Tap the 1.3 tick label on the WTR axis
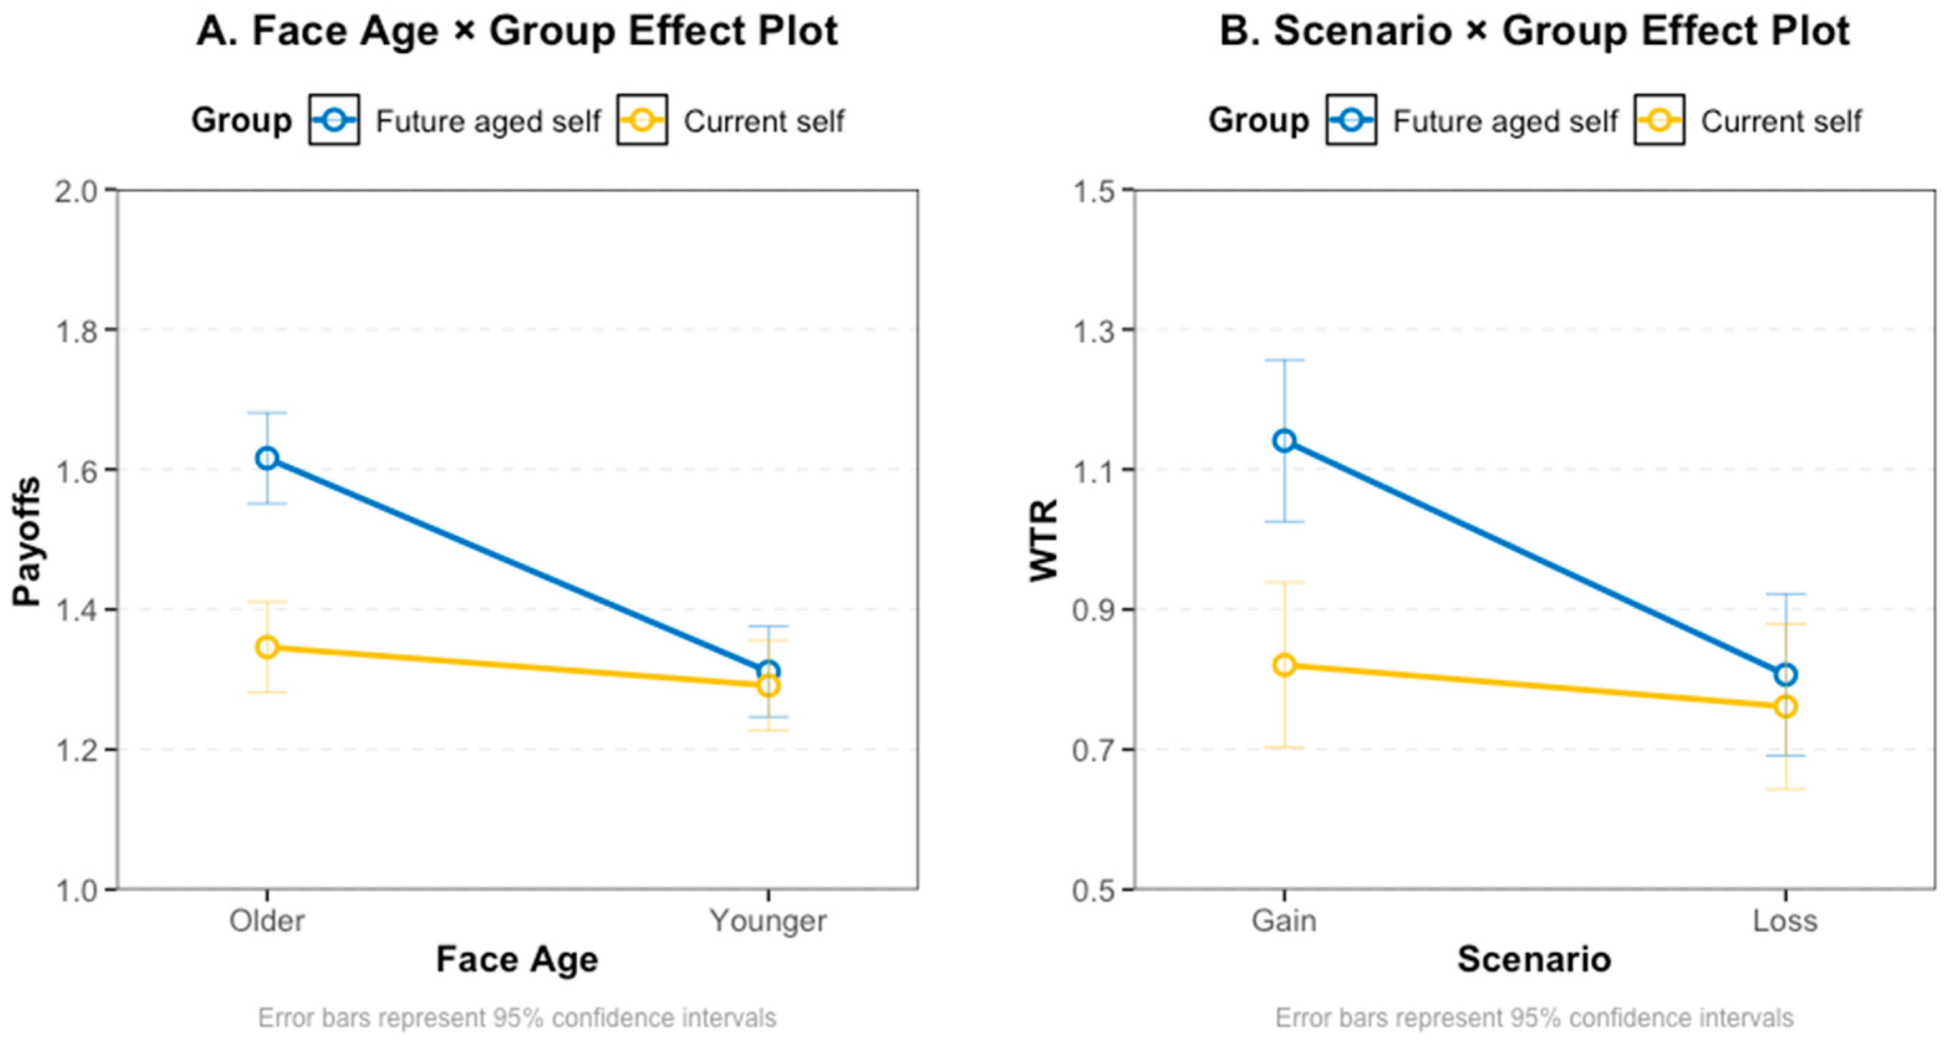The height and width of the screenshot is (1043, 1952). click(x=1094, y=331)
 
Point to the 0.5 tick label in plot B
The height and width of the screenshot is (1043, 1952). click(x=1094, y=891)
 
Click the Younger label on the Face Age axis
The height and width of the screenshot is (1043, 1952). click(x=768, y=922)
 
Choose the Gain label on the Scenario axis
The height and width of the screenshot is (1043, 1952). click(x=1285, y=921)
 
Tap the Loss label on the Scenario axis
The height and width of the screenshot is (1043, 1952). click(x=1786, y=921)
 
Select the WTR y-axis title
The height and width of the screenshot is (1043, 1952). click(x=1044, y=540)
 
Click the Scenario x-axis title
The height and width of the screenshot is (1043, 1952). click(x=1535, y=960)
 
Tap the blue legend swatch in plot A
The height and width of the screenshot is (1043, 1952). click(x=334, y=119)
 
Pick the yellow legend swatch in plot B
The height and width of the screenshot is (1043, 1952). click(x=1660, y=119)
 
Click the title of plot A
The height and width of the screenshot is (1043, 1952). click(x=518, y=32)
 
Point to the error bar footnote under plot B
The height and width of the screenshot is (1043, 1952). click(x=1535, y=1018)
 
